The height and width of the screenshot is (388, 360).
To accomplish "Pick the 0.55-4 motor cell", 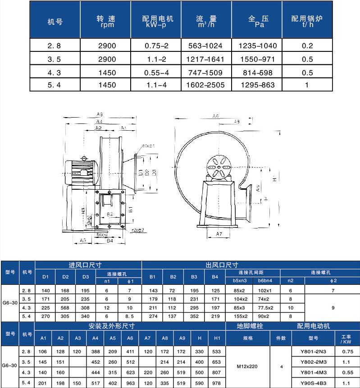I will click(157, 71).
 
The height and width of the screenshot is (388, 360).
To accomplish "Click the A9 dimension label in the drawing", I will click(100, 114).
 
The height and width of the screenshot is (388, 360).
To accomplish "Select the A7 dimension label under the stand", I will click(219, 234).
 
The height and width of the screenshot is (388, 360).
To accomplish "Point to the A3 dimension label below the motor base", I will click(83, 241).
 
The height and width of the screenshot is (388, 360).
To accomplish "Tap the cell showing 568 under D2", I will click(65, 307).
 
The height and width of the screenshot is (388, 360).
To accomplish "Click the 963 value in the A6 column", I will click(131, 383).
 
